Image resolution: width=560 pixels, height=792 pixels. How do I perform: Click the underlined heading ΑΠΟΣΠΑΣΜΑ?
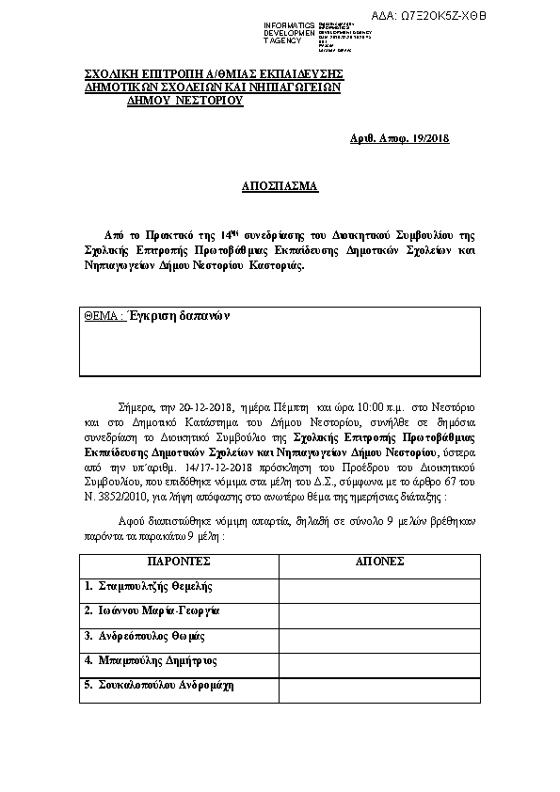tap(280, 187)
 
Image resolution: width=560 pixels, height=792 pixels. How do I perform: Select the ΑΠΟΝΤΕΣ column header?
tap(379, 561)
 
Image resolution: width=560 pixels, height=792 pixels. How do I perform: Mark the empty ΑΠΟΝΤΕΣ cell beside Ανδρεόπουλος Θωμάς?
tap(379, 636)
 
